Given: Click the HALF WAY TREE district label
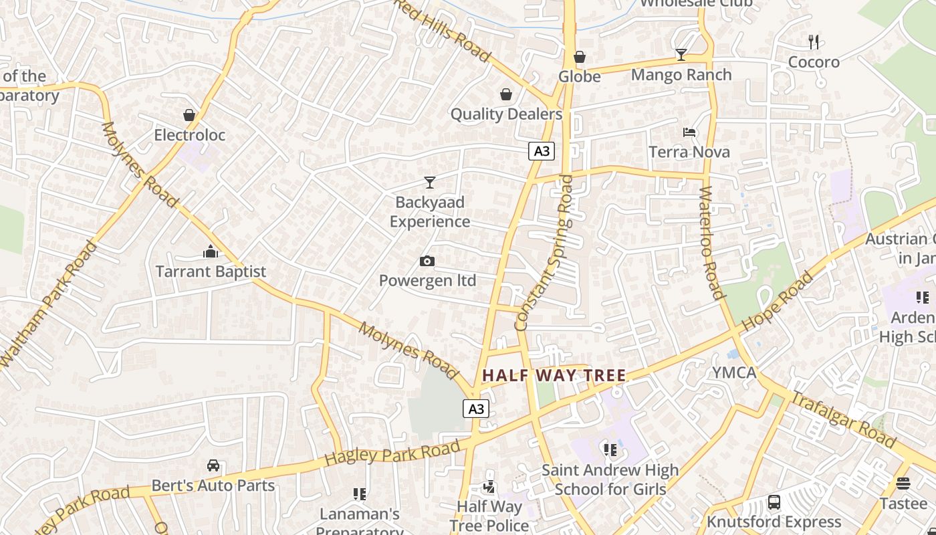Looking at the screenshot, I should point(554,376).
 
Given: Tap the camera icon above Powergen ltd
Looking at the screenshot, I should point(427,261).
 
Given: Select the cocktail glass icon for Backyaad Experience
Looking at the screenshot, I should point(429,182).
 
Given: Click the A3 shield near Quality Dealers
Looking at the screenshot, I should point(542,151).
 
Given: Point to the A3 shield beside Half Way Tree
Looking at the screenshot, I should point(476,409).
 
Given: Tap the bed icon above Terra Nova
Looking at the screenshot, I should point(689,132).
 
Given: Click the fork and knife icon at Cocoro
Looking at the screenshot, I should point(814,42).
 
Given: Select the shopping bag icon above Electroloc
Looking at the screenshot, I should point(189,115).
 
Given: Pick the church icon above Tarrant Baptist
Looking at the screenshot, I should point(211,251).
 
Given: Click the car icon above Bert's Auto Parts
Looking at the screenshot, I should point(213,465).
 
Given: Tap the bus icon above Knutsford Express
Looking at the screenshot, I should point(774,502).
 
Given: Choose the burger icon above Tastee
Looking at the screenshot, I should point(903,484).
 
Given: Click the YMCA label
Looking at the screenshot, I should point(734,372).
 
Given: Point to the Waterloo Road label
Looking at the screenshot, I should point(711,242).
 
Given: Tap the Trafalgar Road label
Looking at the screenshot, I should point(843,419).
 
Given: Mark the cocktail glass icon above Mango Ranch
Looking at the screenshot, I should point(681,55).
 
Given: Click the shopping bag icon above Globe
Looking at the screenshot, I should point(580,57).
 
